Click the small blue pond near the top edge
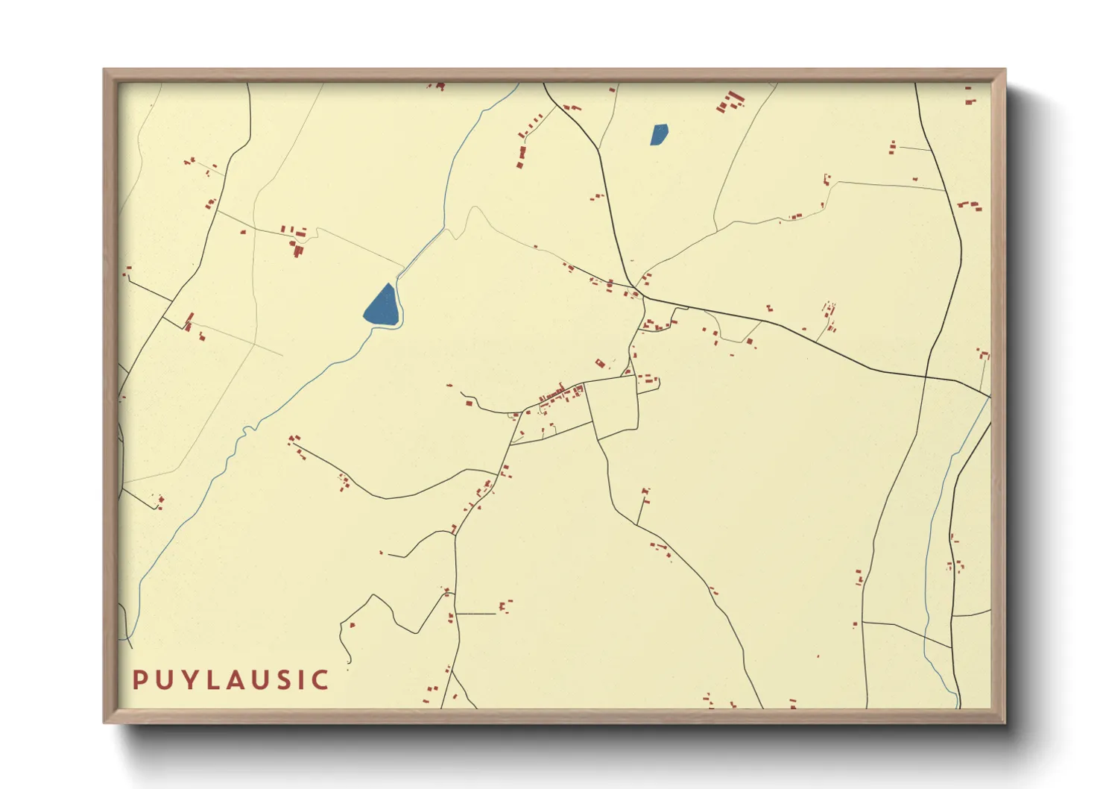659,134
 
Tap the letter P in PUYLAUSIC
139,679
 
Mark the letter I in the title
300,679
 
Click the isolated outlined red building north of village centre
599,363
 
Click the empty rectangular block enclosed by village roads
613,406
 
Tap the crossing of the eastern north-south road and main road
926,376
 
